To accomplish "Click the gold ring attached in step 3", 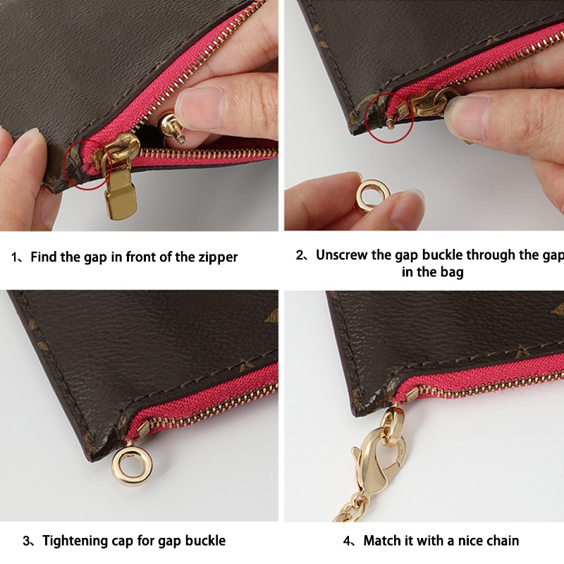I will coord(130,465).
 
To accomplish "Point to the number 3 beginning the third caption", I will coord(27,541).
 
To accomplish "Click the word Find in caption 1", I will coord(45,257).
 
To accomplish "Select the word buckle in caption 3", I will coord(203,541).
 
